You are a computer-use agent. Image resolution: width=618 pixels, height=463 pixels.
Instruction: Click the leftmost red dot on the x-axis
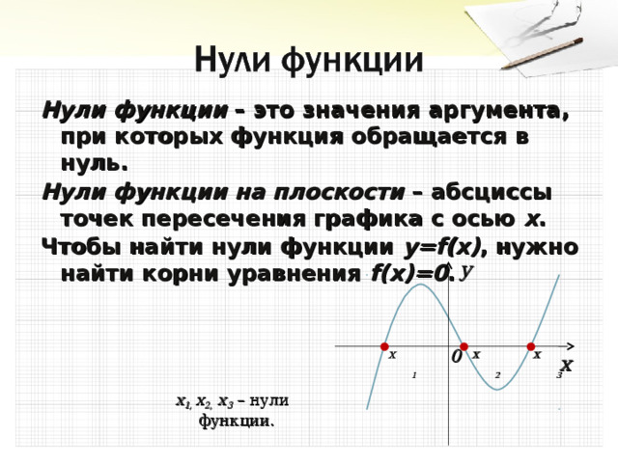tap(384, 346)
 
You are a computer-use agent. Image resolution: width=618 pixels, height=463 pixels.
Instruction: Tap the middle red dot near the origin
tap(463, 346)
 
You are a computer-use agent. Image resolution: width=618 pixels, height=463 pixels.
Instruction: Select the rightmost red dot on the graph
tap(531, 346)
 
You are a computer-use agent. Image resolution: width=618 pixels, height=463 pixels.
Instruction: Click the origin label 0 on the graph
tap(457, 357)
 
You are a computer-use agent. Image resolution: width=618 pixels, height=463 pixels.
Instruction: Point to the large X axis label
tap(567, 366)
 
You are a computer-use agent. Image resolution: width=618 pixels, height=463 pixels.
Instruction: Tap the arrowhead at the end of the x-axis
tap(571, 346)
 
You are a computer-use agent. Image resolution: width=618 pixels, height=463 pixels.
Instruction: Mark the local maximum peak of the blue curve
tap(421, 285)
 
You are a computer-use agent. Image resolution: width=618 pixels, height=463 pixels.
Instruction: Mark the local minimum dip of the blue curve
tap(497, 390)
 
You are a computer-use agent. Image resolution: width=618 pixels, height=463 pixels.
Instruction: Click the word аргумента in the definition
tap(498, 112)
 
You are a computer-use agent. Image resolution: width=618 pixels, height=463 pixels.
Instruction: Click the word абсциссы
tap(492, 193)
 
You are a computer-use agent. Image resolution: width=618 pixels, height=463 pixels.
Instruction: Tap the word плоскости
tap(340, 193)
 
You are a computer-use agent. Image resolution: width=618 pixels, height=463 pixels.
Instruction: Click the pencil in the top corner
tap(543, 53)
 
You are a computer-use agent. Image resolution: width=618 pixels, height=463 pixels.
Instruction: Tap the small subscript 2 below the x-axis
tap(498, 375)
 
